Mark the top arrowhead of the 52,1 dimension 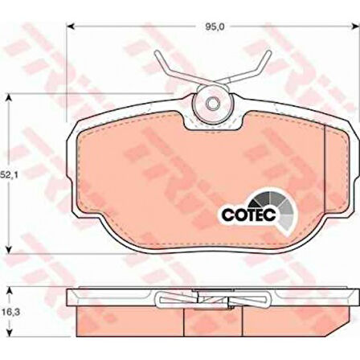(9, 98)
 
